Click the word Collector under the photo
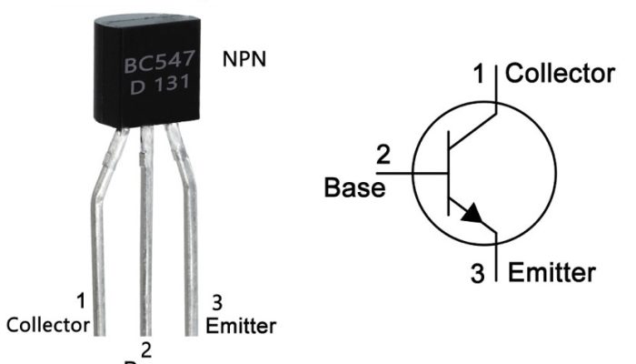pos(48,325)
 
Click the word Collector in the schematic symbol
pos(560,74)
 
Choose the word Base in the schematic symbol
pos(354,188)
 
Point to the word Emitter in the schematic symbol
pos(552,272)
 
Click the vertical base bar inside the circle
pos(449,172)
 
